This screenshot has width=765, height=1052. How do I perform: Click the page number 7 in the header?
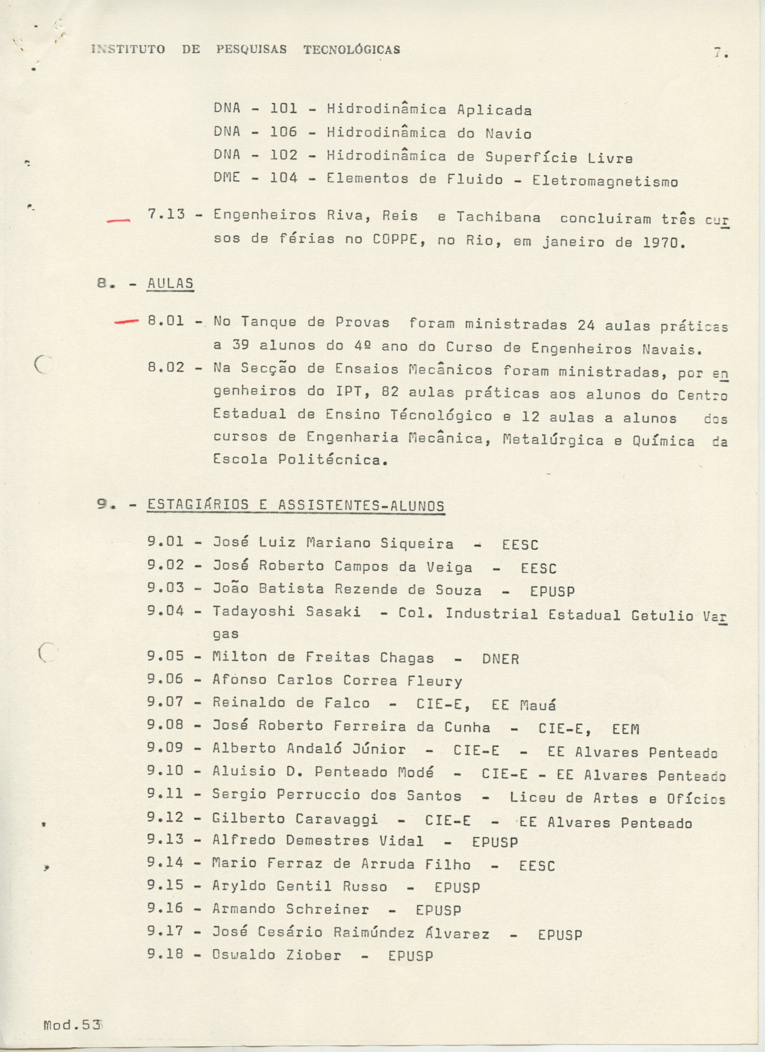tap(718, 53)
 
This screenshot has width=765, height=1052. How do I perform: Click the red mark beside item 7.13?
tap(118, 221)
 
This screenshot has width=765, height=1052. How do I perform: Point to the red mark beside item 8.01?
tap(126, 321)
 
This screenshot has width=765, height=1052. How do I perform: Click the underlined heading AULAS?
tap(170, 284)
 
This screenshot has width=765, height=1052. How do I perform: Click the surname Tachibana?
tap(498, 217)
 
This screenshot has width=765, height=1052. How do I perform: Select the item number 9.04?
tap(165, 611)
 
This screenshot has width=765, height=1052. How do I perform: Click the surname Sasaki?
tap(333, 612)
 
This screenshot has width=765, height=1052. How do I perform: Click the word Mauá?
tap(538, 706)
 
